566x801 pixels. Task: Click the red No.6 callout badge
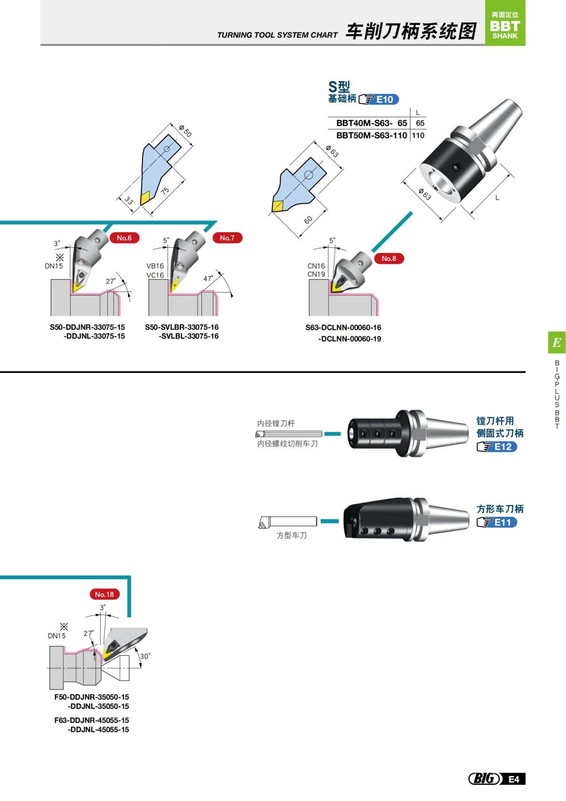pos(124,238)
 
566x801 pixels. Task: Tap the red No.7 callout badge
pos(227,238)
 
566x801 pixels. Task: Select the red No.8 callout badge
pos(389,258)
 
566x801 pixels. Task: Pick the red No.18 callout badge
pos(104,594)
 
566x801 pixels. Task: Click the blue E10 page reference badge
pos(384,100)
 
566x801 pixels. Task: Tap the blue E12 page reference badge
pos(503,447)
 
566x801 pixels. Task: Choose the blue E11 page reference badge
pos(503,523)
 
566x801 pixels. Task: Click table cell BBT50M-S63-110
pos(371,135)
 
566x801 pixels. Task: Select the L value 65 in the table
pos(420,123)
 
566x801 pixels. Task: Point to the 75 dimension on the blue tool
pos(165,191)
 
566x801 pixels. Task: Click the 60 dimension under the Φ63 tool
pos(308,220)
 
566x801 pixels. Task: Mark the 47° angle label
pos(208,278)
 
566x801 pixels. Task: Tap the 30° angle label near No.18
pos(145,656)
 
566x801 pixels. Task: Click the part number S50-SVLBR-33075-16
pos(182,327)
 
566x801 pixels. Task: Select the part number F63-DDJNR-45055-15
pos(92,720)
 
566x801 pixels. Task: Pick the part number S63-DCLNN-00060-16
pos(343,328)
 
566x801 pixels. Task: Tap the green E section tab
pos(557,342)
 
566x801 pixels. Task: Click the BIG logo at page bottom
pos(484,778)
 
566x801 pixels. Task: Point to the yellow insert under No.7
pos(175,284)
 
